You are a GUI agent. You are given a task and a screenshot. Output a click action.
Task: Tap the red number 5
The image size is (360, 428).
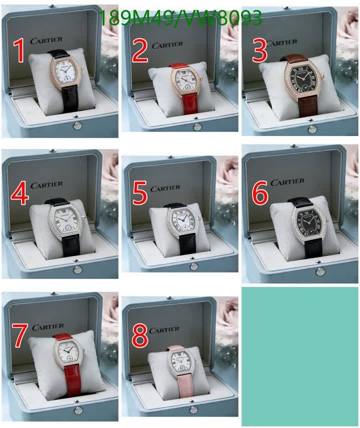tap(140, 192)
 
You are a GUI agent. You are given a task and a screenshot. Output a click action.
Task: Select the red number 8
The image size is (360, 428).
tap(140, 337)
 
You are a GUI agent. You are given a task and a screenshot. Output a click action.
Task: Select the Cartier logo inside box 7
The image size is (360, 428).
tap(48, 327)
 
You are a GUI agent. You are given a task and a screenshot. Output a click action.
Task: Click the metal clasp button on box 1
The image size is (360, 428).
tap(78, 126)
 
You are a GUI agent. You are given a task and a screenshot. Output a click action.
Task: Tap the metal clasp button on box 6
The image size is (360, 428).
tap(320, 271)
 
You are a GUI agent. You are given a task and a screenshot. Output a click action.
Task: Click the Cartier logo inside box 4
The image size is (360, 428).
tap(46, 185)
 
